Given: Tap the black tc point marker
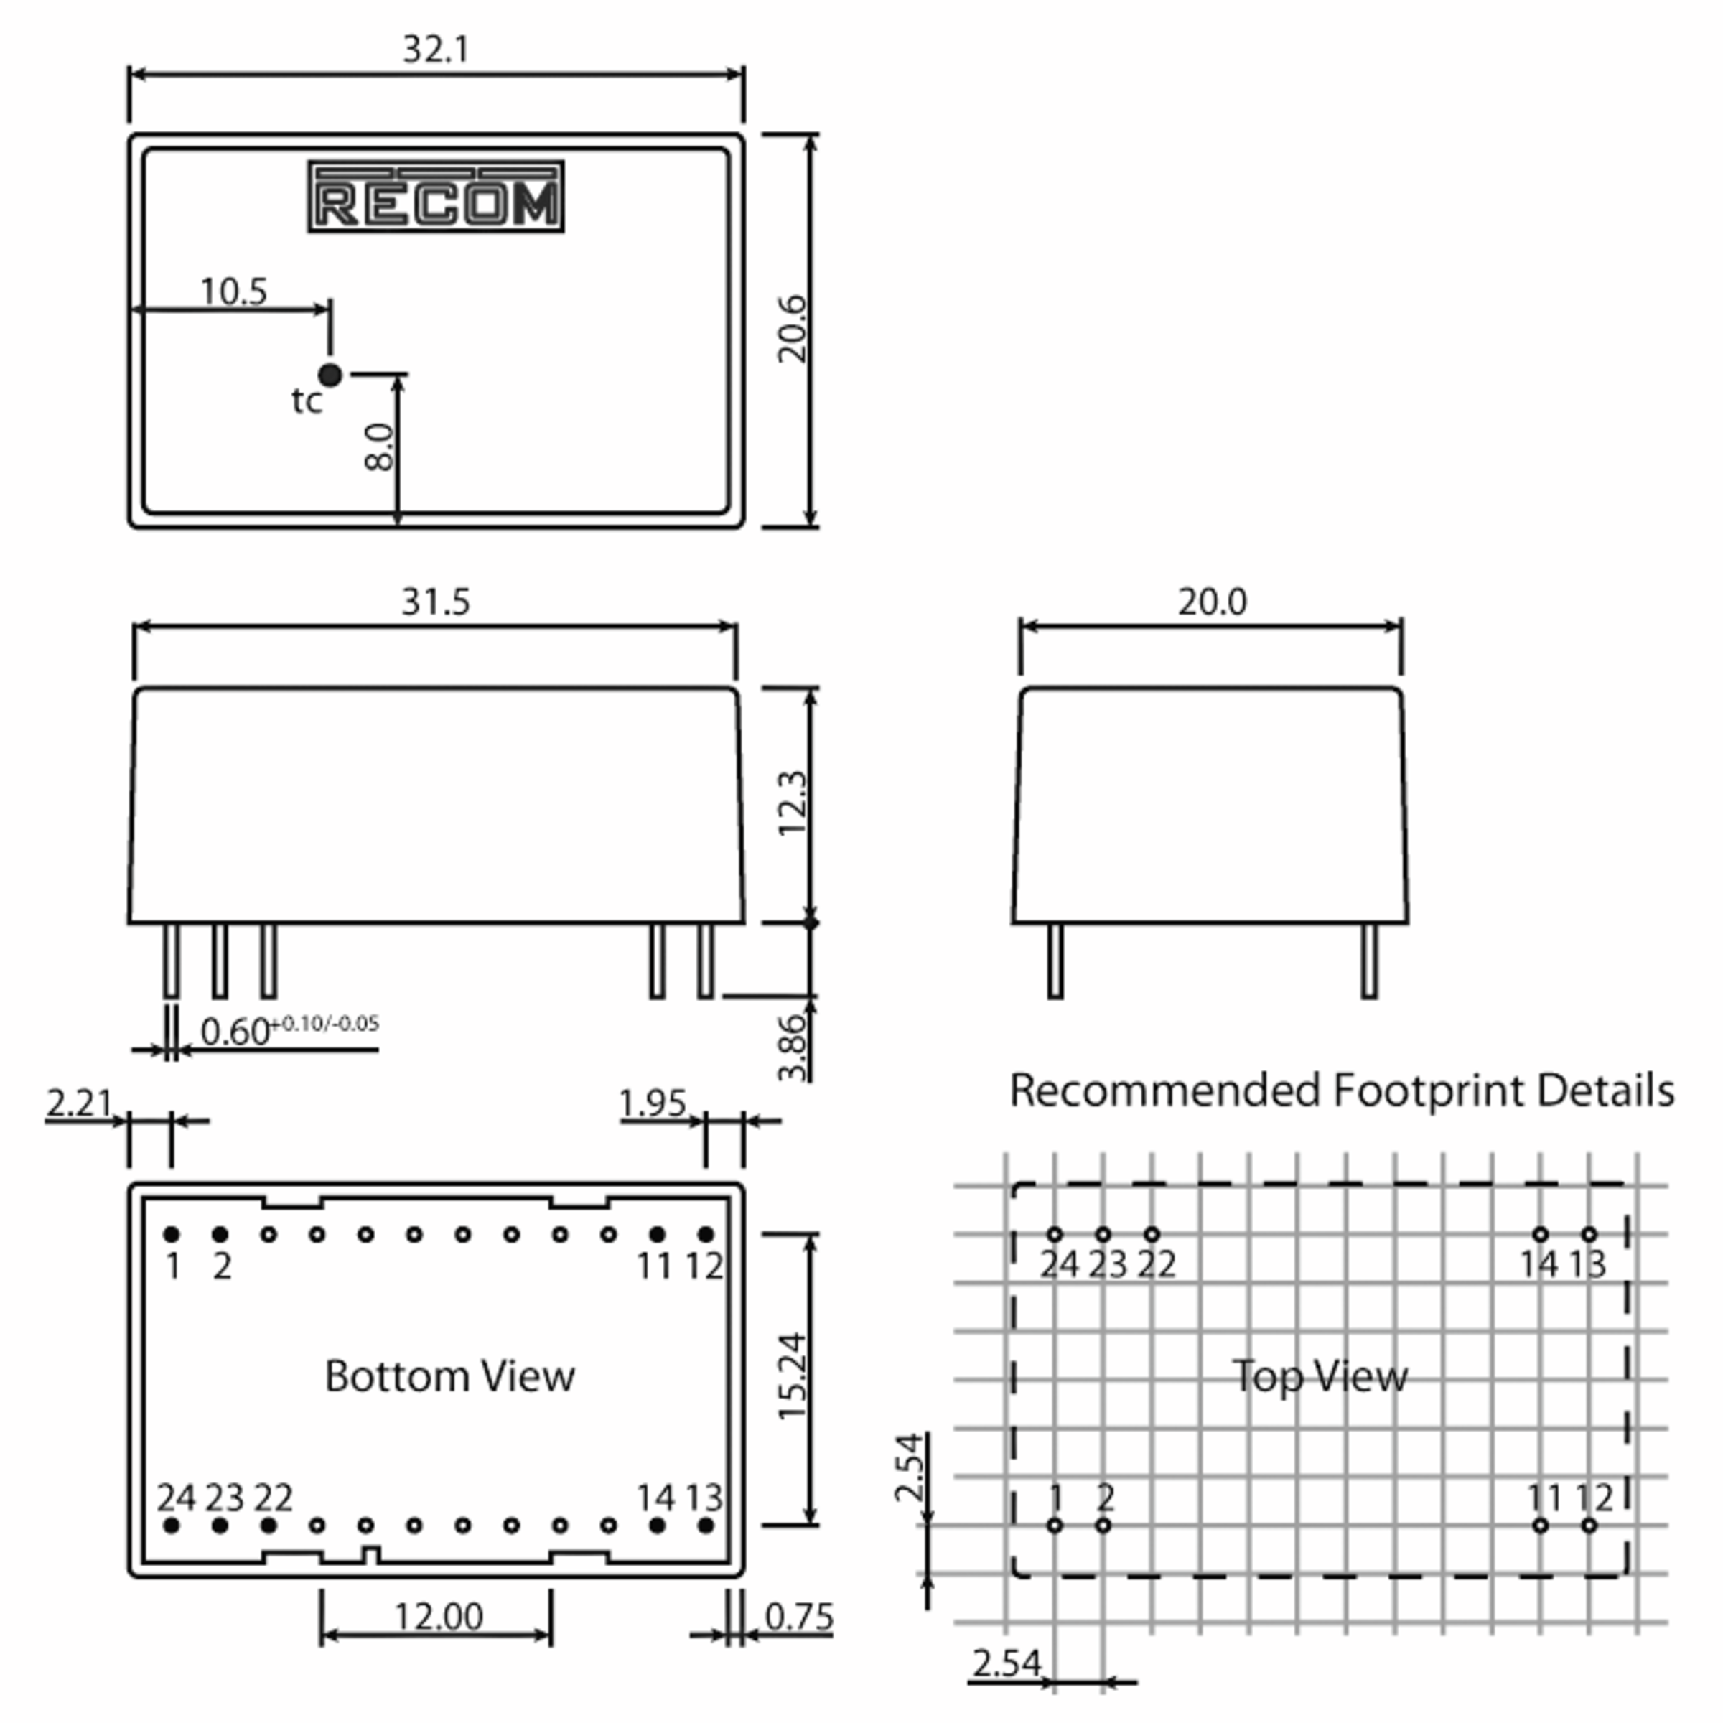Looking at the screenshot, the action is tap(330, 375).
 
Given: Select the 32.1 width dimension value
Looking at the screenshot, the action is tap(435, 49).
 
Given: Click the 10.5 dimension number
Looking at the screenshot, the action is tap(233, 291).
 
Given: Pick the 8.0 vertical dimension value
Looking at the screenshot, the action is tap(379, 446).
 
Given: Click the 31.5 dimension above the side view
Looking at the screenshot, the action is tap(435, 602).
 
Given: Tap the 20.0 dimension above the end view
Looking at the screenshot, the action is tap(1212, 602).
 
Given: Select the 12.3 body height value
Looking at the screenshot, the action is tap(792, 803).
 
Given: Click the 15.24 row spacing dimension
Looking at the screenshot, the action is tap(792, 1376).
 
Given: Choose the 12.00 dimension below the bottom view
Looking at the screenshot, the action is tap(439, 1616).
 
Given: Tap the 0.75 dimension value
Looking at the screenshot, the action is tap(799, 1616).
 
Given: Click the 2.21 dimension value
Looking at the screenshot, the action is tap(80, 1103).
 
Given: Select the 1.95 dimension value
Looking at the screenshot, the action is tap(653, 1103).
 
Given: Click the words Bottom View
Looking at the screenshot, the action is tap(449, 1376).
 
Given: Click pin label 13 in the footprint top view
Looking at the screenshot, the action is tap(1587, 1264).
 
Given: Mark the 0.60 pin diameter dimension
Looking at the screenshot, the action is tap(235, 1031).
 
